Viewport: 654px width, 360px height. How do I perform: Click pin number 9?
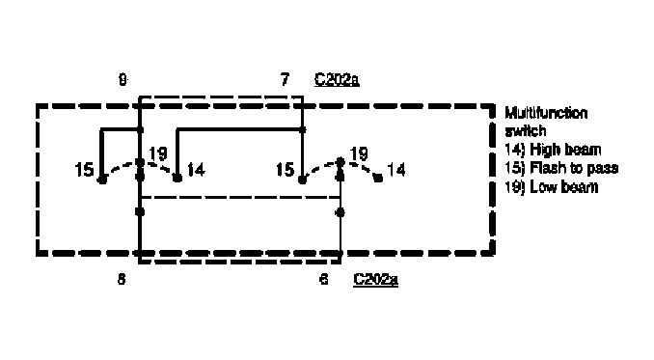click(123, 80)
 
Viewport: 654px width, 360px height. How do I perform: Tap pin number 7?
click(285, 80)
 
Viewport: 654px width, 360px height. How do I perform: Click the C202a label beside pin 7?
click(338, 80)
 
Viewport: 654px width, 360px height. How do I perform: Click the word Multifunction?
click(546, 113)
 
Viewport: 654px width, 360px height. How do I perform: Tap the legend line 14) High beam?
click(554, 150)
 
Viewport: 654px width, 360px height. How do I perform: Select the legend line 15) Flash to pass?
click(561, 168)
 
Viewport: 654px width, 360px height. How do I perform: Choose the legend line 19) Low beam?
click(552, 186)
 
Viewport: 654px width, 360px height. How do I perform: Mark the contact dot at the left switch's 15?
click(101, 179)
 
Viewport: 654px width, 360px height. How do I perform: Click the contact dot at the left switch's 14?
click(177, 178)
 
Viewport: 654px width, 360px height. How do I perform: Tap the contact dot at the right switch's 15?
click(303, 180)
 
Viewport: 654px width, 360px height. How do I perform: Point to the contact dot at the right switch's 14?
click(377, 179)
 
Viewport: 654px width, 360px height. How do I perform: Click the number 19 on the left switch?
click(159, 152)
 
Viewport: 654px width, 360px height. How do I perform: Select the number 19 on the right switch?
click(359, 152)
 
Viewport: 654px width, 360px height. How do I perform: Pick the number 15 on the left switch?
click(85, 170)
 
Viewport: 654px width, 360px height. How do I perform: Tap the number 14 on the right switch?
click(395, 170)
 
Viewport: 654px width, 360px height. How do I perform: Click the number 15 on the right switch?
click(285, 170)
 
